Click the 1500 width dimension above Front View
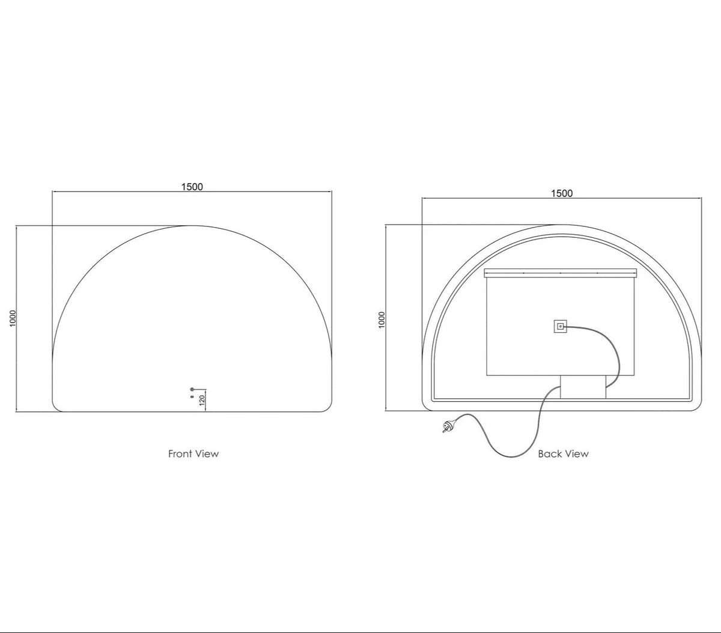pyautogui.click(x=192, y=187)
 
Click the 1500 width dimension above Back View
pyautogui.click(x=562, y=193)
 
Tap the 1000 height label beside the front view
pyautogui.click(x=13, y=318)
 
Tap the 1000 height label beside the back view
pyautogui.click(x=382, y=320)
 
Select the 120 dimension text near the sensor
pyautogui.click(x=202, y=401)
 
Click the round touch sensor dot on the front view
pyautogui.click(x=192, y=389)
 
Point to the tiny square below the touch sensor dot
pyautogui.click(x=192, y=396)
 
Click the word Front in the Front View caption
pyautogui.click(x=180, y=453)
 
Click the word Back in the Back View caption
pyautogui.click(x=548, y=453)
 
